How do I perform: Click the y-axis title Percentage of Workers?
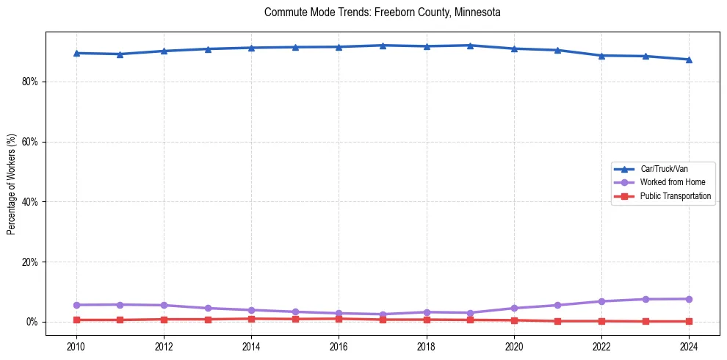(x=11, y=184)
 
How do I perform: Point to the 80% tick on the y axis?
(x=29, y=82)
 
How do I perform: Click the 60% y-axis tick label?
(x=29, y=142)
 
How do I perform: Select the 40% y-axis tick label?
(x=29, y=202)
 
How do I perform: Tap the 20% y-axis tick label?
(x=29, y=262)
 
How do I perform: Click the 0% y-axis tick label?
(x=32, y=323)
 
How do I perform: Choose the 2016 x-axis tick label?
(x=339, y=346)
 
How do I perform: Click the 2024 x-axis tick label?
(x=689, y=346)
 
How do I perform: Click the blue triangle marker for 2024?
(x=689, y=60)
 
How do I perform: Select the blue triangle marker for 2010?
(x=76, y=53)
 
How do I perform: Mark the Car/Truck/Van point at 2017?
(x=383, y=46)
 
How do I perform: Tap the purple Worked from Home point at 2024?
(x=689, y=299)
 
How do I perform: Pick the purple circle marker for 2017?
(x=383, y=314)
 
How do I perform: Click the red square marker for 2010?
(x=76, y=320)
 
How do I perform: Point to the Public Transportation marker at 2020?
(x=514, y=320)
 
